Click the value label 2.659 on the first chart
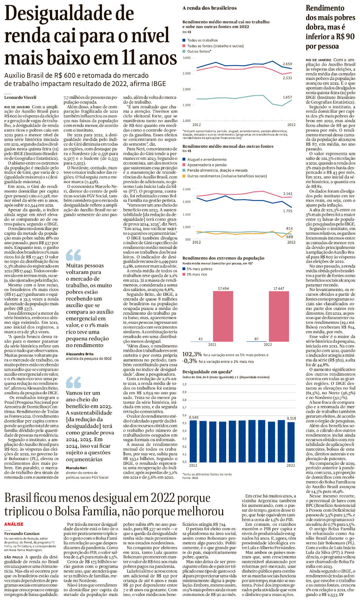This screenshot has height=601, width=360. tap(287, 64)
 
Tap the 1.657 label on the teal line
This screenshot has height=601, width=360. tap(287, 97)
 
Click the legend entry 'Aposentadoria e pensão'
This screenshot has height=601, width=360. tap(207, 165)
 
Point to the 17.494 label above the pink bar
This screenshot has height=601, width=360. tap(223, 288)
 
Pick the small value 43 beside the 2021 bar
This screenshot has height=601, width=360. tap(201, 339)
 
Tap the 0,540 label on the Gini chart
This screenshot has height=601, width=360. tap(194, 417)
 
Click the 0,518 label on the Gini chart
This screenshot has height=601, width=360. tap(291, 418)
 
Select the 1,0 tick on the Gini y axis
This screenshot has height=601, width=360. tap(184, 384)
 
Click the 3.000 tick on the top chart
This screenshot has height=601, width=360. tap(186, 58)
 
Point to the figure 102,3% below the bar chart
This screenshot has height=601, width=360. tap(192, 354)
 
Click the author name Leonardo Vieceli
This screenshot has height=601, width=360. tap(20, 97)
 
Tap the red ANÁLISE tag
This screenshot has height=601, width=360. tap(14, 524)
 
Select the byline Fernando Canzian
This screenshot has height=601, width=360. tap(22, 534)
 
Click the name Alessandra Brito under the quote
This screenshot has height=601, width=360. tap(80, 354)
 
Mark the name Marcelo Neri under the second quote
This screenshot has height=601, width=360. tap(76, 468)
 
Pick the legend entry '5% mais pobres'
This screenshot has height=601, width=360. tap(200, 269)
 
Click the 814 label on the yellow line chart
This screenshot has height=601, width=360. tap(289, 228)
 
